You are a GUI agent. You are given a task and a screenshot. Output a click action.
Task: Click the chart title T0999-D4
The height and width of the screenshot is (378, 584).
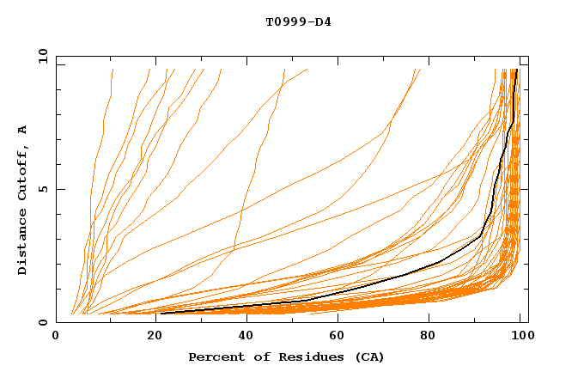[x=298, y=22]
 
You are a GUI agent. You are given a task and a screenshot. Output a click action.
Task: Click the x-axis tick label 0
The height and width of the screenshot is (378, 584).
[x=56, y=337]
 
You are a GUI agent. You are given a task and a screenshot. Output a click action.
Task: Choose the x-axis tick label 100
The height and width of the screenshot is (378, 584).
[x=520, y=337]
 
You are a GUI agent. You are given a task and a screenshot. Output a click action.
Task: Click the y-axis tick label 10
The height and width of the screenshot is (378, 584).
[x=42, y=55]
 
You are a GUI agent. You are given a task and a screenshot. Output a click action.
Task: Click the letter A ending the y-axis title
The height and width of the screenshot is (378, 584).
[x=22, y=130]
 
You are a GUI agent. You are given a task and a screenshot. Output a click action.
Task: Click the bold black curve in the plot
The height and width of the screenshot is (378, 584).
[x=404, y=274]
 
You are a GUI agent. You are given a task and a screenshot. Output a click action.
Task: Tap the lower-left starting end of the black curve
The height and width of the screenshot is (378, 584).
[x=161, y=313]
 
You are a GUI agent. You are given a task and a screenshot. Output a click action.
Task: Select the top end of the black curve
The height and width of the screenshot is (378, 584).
[x=516, y=70]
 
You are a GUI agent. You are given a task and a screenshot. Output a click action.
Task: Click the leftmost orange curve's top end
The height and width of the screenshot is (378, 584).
[x=113, y=70]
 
